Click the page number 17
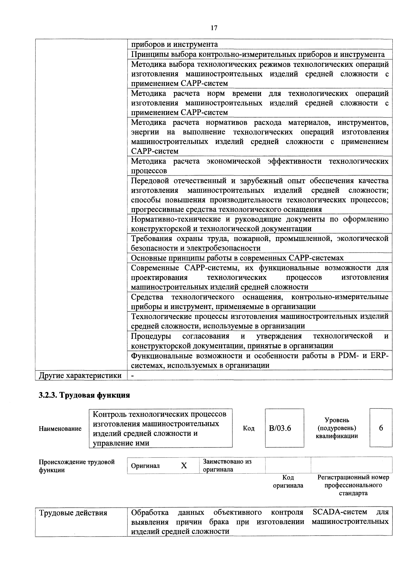point(214,28)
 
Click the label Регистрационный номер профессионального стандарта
point(353,485)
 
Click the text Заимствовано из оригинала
point(227,465)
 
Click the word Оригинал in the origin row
point(145,466)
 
